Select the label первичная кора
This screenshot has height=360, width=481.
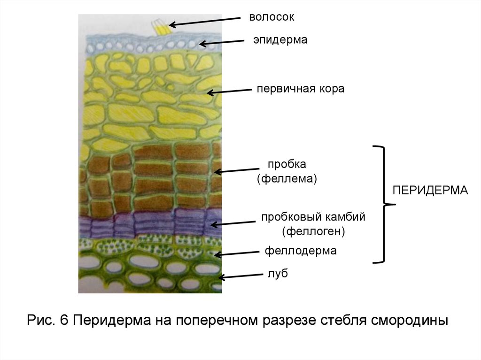pyautogui.click(x=300, y=89)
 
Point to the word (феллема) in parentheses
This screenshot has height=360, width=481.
pyautogui.click(x=287, y=179)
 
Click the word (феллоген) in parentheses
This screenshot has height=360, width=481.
pyautogui.click(x=314, y=231)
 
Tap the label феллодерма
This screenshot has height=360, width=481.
pyautogui.click(x=301, y=251)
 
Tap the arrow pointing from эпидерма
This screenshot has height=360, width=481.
pyautogui.click(x=223, y=43)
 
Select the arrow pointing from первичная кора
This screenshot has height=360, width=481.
pyautogui.click(x=230, y=91)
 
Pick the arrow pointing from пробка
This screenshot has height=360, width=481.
pyautogui.click(x=237, y=170)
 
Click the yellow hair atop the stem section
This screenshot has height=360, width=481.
pyautogui.click(x=161, y=28)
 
